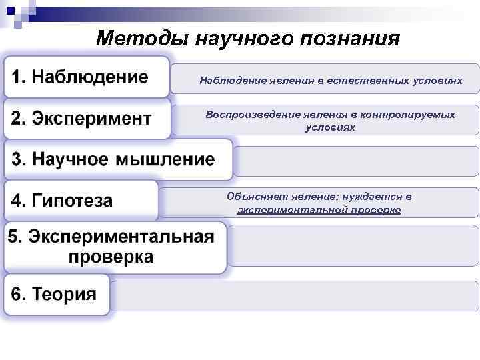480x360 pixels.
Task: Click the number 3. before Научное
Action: (x=20, y=160)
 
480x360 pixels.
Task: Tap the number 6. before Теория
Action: (x=20, y=295)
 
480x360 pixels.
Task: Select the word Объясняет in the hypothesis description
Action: (x=254, y=197)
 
